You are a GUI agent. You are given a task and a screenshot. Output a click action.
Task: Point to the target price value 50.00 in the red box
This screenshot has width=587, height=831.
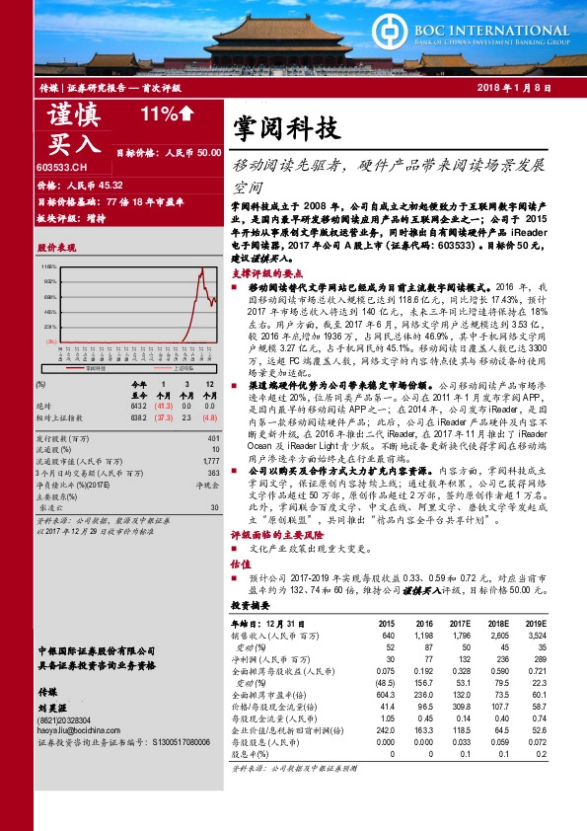[206, 153]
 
